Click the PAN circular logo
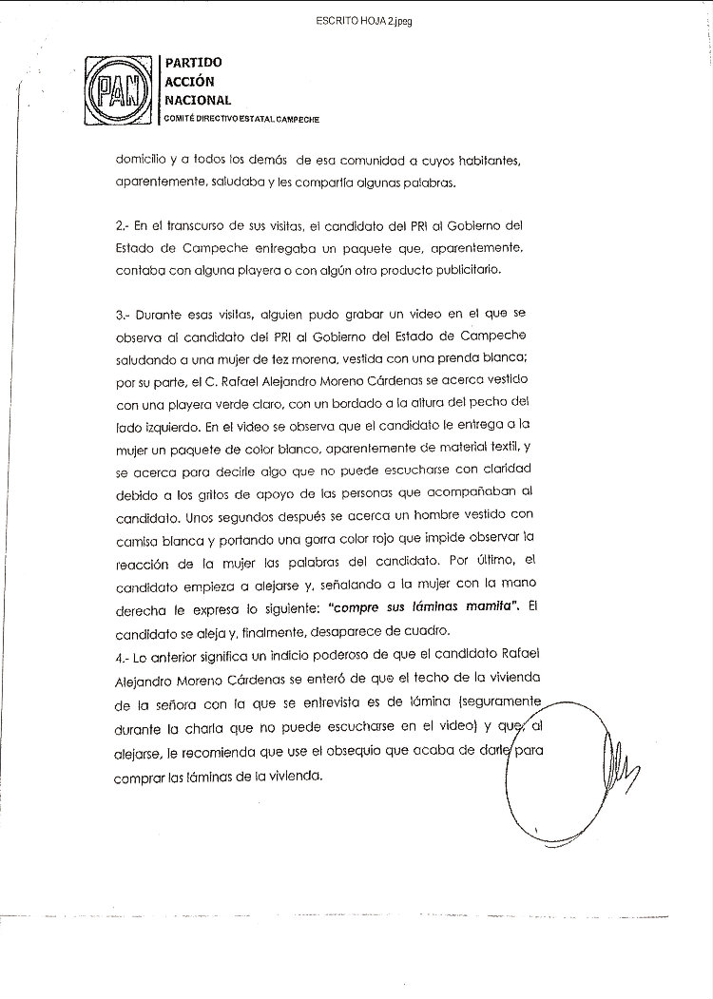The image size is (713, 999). coord(119,93)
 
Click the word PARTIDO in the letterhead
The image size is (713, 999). coord(194,63)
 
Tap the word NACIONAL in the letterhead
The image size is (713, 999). coord(198,100)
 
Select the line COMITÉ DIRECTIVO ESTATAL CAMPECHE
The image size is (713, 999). coord(241,119)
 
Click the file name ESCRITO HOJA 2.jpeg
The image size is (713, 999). coord(356,20)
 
